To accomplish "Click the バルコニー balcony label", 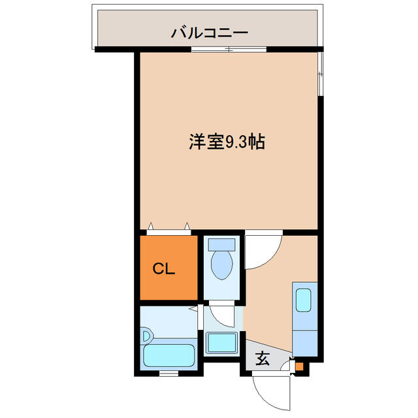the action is tap(210, 33).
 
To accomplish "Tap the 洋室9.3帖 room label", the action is tap(227, 142).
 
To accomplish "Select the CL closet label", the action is tap(164, 268).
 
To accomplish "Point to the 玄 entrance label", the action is tap(263, 359).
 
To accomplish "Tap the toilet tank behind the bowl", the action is tap(221, 245).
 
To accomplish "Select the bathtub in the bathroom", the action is tap(169, 355).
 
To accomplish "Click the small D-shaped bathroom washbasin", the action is tap(147, 336).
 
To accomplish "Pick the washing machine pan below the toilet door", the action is tap(222, 343).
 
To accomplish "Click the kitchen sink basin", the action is tap(303, 300).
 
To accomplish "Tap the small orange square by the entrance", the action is tap(299, 367).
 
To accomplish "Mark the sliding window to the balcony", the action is tap(229, 50).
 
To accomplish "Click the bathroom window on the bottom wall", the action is tap(169, 374).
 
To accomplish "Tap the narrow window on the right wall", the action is tap(321, 74).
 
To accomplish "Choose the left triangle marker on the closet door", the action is tap(151, 226).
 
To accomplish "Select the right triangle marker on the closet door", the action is tap(187, 226).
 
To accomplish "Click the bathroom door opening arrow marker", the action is tap(193, 309).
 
